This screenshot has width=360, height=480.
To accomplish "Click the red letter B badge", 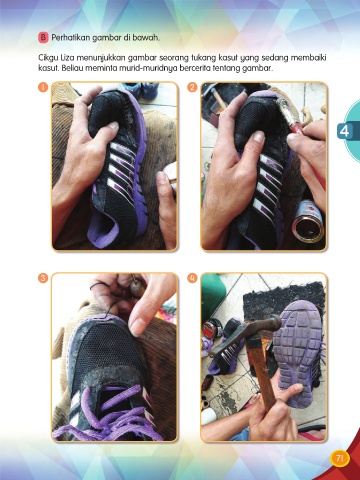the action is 43,37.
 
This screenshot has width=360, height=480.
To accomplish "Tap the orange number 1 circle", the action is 43,87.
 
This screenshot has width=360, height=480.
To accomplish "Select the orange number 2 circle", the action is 192,87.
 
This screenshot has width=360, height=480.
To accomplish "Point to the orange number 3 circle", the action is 43,278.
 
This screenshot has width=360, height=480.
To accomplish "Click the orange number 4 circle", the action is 192,278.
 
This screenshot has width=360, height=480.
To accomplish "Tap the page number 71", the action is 340,459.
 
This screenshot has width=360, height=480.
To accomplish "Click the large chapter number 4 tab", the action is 345,131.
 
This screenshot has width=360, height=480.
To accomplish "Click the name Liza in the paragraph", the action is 68,58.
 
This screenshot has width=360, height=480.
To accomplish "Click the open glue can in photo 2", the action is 308,221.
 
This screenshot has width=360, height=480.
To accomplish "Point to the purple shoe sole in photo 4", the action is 299,353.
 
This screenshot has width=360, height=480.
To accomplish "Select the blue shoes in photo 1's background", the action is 140,90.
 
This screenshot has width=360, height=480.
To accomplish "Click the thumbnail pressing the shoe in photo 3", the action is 136,327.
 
